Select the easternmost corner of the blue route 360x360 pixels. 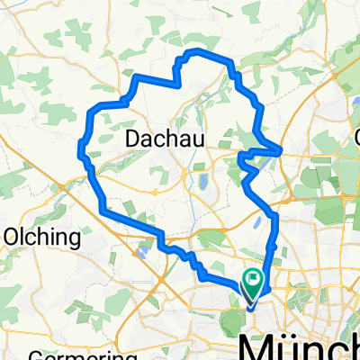click(282, 148)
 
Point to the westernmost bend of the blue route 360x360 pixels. click(80, 146)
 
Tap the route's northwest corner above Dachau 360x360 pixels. click(136, 78)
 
